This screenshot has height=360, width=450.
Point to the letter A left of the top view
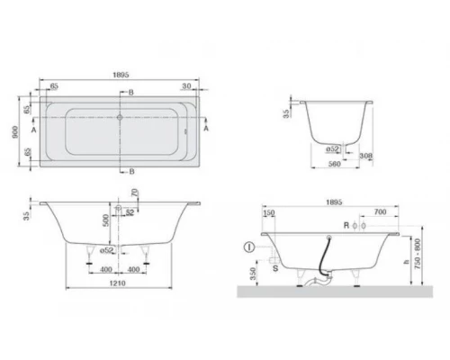coord(34,129)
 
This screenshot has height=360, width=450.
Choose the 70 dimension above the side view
coord(135,193)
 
